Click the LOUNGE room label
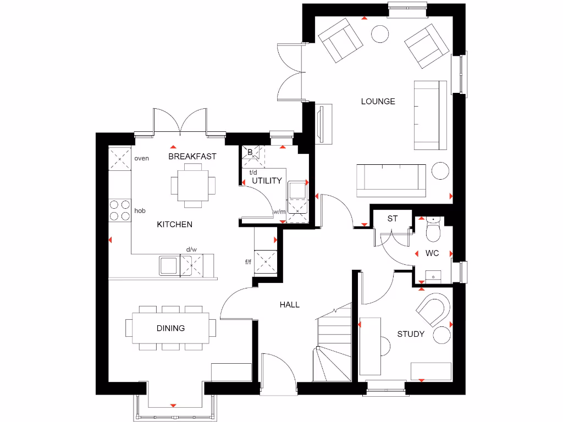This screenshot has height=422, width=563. pos(378,101)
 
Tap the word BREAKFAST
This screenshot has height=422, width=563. pos(192,156)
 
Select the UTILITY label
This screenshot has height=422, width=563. pos(267,180)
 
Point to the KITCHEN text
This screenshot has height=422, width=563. pos(175,224)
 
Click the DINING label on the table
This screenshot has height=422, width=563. pos(170,328)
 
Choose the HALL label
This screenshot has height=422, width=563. pos(289,304)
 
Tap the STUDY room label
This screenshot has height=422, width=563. pos(411,334)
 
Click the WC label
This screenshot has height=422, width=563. pos(432,253)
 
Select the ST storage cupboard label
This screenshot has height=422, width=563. pos(392,219)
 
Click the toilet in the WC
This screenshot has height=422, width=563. pos(433,231)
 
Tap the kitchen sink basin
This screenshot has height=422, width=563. pos(168,265)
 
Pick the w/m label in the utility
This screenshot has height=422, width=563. pos(279,212)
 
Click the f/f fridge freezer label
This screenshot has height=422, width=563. pos(248,262)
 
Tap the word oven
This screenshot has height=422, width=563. pos(142,158)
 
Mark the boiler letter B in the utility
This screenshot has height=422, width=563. pos(250,152)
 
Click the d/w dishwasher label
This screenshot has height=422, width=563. pos(191,249)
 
